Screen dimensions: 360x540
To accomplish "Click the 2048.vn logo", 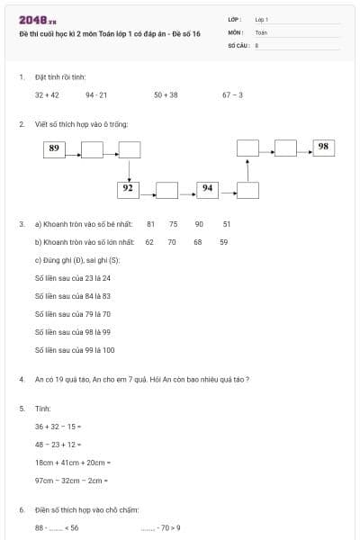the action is (36, 20).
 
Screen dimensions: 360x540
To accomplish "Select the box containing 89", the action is (55, 149).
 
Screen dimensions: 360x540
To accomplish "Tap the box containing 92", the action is (129, 189).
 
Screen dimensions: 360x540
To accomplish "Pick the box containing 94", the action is (207, 189).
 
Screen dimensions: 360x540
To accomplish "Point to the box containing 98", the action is (323, 147).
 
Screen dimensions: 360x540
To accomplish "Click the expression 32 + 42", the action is (47, 94).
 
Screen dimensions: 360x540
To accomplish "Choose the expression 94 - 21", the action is (96, 94).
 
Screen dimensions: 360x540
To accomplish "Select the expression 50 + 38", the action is (166, 94).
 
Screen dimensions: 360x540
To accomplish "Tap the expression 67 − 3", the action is (232, 94).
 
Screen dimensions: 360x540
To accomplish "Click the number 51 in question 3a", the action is (227, 223).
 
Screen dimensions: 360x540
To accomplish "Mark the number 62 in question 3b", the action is (149, 242).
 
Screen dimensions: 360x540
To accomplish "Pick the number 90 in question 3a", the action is (199, 223).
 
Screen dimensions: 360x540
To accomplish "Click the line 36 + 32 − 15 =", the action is (58, 426).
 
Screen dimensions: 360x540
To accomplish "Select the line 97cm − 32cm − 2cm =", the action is (71, 481).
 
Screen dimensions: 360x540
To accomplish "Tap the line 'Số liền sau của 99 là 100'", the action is (75, 350).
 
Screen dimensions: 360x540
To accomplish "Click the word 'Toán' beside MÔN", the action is (261, 31).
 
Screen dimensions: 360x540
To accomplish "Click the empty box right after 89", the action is (92, 149).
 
